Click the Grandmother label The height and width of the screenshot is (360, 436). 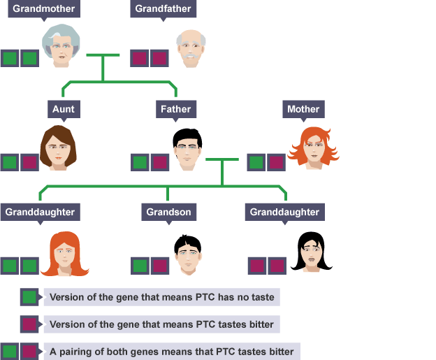point(41,9)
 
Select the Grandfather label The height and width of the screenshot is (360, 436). point(162,9)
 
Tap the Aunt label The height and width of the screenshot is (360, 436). point(62,109)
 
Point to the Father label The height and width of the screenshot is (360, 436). point(175,109)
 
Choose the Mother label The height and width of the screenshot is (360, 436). point(303,109)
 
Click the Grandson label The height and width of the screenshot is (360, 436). point(168,212)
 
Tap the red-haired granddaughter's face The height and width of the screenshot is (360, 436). point(64,254)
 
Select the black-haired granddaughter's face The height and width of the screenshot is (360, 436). point(312,252)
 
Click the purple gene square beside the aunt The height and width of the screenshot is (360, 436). point(29,163)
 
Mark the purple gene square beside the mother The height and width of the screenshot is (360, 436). point(277,163)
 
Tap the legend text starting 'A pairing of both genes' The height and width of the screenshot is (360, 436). point(172,351)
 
